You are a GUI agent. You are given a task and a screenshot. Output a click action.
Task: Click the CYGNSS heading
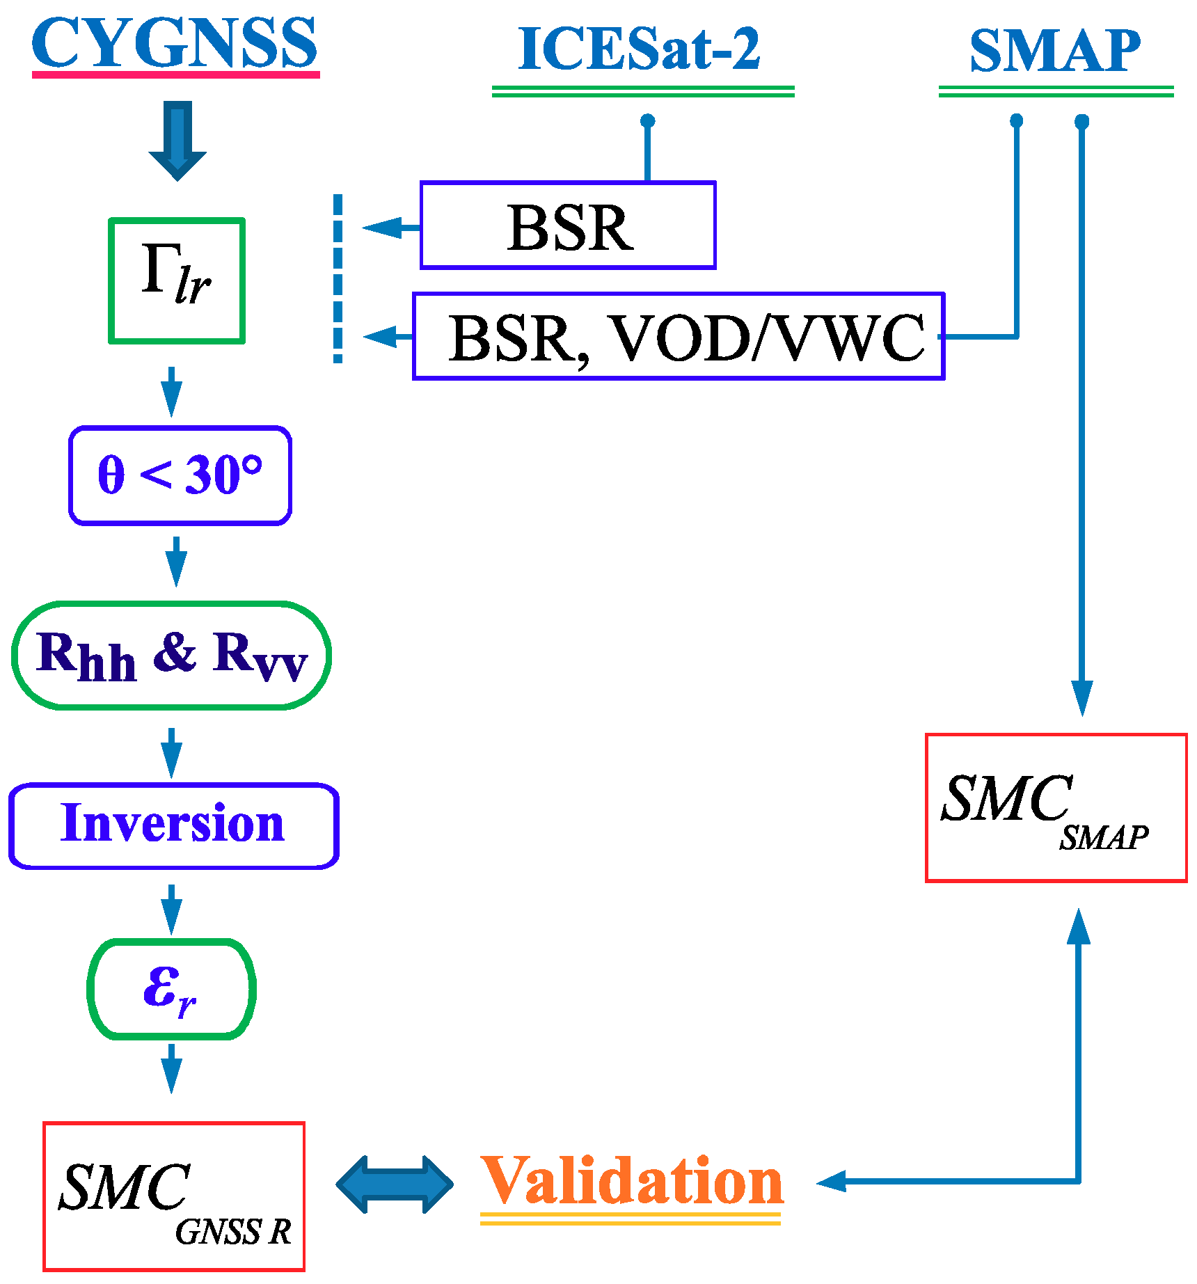pyautogui.click(x=175, y=43)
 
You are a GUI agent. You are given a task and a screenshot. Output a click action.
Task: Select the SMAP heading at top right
pyautogui.click(x=1055, y=51)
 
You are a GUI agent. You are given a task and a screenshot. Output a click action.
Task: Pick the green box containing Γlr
pyautogui.click(x=177, y=280)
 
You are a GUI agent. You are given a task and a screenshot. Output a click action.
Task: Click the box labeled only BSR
pyautogui.click(x=568, y=225)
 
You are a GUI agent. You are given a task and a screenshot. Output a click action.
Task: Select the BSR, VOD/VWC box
pyautogui.click(x=679, y=337)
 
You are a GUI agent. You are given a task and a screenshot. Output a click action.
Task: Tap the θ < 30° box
pyautogui.click(x=180, y=475)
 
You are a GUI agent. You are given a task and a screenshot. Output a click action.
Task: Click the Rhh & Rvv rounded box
pyautogui.click(x=171, y=656)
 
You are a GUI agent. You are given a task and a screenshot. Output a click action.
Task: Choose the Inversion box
pyautogui.click(x=173, y=825)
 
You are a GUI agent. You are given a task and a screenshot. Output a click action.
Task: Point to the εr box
pyautogui.click(x=171, y=989)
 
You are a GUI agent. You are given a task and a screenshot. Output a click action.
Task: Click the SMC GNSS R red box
pyautogui.click(x=174, y=1196)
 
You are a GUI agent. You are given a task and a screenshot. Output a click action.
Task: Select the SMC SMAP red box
pyautogui.click(x=1056, y=807)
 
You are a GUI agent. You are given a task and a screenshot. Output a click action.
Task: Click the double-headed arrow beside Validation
pyautogui.click(x=395, y=1184)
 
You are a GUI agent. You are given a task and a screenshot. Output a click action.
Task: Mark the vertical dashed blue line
pyautogui.click(x=338, y=278)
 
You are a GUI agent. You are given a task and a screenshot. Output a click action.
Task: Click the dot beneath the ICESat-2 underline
pyautogui.click(x=648, y=121)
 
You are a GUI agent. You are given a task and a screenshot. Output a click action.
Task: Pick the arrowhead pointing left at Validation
pyautogui.click(x=831, y=1181)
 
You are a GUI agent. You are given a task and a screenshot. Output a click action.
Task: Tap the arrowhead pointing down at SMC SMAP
pyautogui.click(x=1081, y=697)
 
